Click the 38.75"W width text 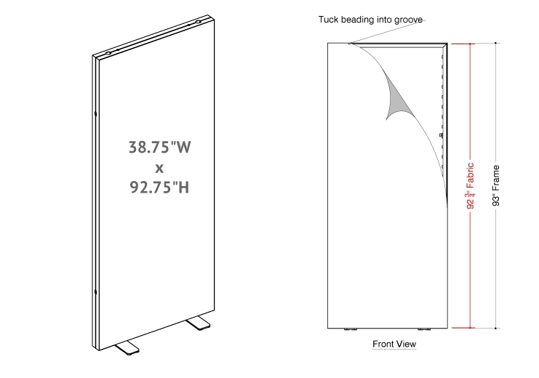(160, 147)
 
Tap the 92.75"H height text (159, 188)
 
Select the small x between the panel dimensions (159, 169)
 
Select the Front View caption (394, 344)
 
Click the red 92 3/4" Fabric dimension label (470, 186)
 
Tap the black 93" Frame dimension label (495, 185)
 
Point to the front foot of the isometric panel (127, 347)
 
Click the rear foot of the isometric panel (199, 323)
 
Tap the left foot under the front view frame (351, 329)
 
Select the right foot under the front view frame (424, 329)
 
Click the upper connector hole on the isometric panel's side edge (95, 113)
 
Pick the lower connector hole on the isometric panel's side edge (95, 292)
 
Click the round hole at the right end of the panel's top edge (198, 22)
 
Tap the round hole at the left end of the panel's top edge (108, 54)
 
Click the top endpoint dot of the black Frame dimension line (495, 44)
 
